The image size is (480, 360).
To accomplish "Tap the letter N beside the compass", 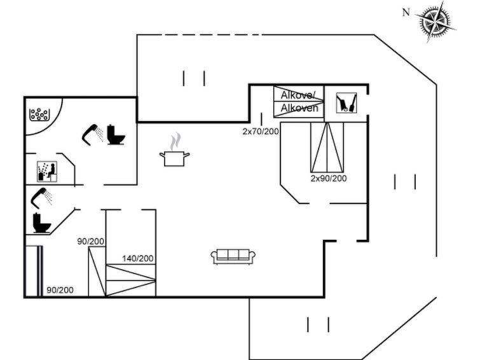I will click(406, 12).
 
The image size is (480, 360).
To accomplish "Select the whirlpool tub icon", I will click(39, 114).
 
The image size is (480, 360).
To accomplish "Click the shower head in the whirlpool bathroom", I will click(92, 133).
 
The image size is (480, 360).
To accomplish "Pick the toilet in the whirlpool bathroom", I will click(116, 135).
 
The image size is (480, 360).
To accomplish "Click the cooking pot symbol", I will click(175, 158).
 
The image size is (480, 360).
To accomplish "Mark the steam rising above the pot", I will click(177, 140).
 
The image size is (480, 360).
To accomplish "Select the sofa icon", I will click(233, 256).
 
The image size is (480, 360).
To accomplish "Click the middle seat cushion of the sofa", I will click(233, 255).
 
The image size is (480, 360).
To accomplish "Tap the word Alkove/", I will click(298, 95).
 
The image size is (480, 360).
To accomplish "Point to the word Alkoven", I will click(299, 108).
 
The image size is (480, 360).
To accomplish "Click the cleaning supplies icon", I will click(346, 102).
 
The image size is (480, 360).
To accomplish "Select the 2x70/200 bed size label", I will click(261, 132).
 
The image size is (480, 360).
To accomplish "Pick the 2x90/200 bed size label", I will click(329, 178).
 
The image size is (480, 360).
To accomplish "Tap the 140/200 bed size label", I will click(138, 258).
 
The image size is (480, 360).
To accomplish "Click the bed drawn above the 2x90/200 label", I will click(327, 148).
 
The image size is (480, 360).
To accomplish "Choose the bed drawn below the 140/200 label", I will click(130, 280).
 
